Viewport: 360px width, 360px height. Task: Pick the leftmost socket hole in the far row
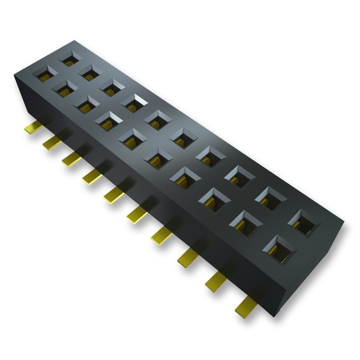(x=68, y=57)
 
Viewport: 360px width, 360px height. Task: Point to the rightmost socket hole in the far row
(x=304, y=221)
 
